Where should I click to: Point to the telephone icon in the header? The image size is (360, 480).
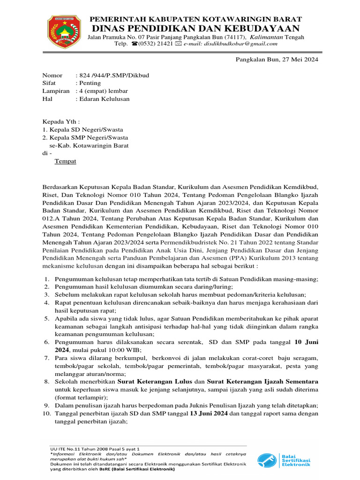click(x=135, y=44)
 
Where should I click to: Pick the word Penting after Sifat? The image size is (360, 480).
click(x=90, y=83)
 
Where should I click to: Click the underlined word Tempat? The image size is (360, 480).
click(x=65, y=161)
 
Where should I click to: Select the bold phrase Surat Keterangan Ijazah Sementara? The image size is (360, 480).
click(x=263, y=382)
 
